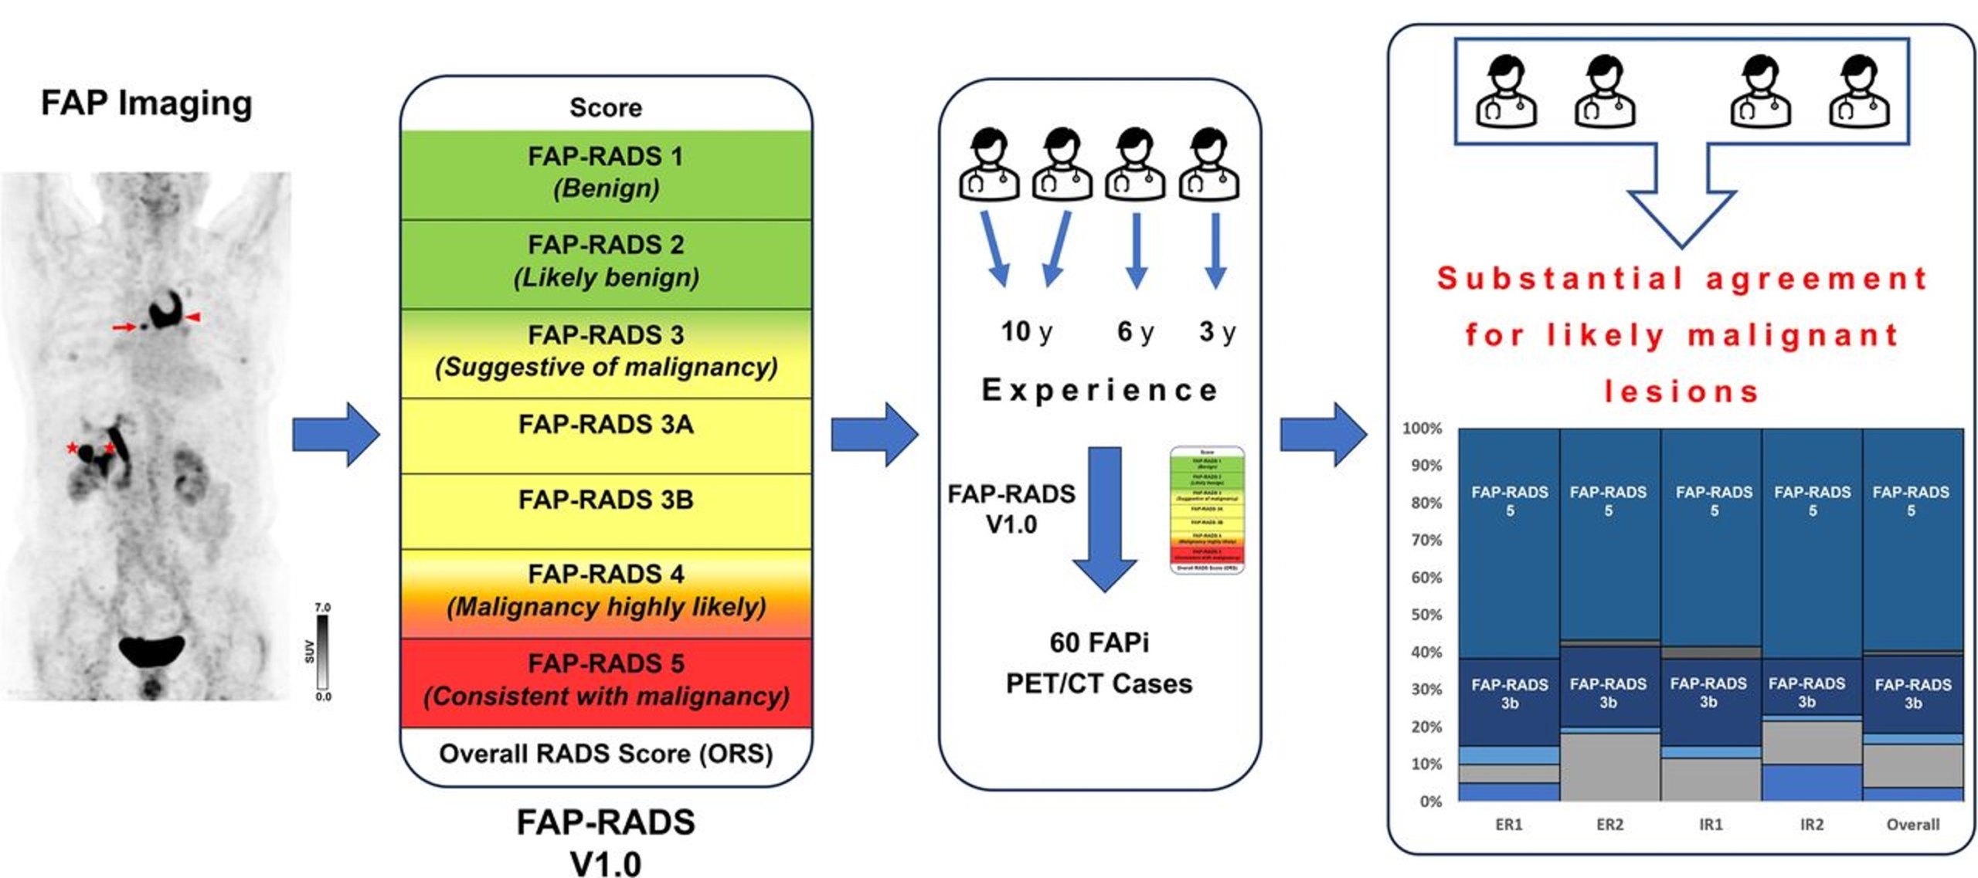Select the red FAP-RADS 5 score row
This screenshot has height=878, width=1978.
click(605, 679)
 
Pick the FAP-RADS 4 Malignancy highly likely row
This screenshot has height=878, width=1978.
click(605, 590)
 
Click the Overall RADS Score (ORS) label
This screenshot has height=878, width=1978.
click(605, 753)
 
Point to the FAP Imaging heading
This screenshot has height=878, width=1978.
click(146, 103)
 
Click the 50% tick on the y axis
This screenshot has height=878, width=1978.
click(1426, 615)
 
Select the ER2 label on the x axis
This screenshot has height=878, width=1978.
click(1609, 824)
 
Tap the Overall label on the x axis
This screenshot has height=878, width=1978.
click(1912, 824)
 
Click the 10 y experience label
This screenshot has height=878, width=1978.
click(1025, 331)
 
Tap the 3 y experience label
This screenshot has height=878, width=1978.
click(1216, 331)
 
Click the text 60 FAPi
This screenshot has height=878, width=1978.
click(1098, 642)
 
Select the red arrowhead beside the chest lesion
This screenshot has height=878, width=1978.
click(193, 317)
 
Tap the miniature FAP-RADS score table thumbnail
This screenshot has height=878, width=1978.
click(1206, 509)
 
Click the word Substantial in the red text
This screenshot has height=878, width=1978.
click(1559, 278)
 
